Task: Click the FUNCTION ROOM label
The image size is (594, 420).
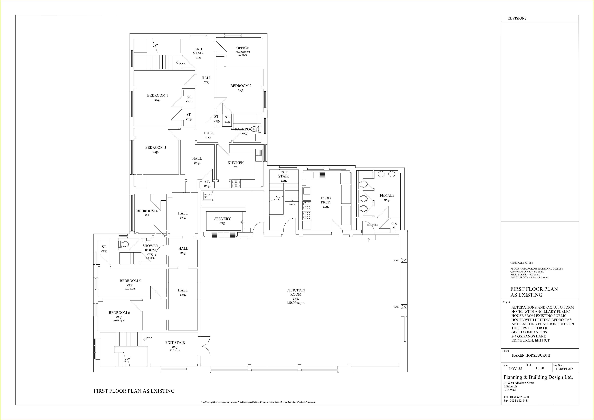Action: [x=296, y=292]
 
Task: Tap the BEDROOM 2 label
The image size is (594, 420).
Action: [x=241, y=86]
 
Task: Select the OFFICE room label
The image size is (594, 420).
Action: [x=242, y=48]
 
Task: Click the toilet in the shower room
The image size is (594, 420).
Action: [x=124, y=244]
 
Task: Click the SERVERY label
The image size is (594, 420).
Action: [x=222, y=219]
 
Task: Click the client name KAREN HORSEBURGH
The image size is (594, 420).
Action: [x=531, y=356]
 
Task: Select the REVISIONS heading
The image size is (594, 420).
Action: [x=517, y=18]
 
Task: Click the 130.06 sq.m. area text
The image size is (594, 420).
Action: [x=296, y=303]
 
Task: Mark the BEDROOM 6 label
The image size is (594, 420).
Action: [x=119, y=313]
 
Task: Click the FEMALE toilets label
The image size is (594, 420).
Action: [x=387, y=195]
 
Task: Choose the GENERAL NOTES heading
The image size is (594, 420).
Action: [x=521, y=263]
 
